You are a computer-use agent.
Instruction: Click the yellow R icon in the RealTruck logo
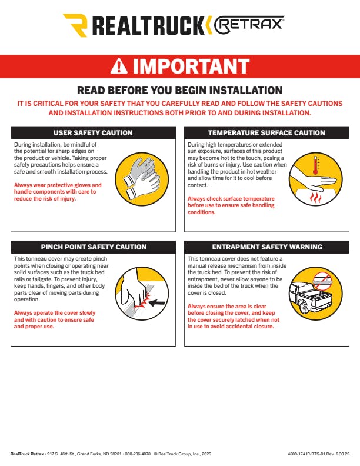pyautogui.click(x=76, y=25)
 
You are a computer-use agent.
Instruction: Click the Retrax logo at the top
pyautogui.click(x=249, y=25)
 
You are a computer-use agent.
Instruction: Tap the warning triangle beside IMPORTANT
pyautogui.click(x=119, y=66)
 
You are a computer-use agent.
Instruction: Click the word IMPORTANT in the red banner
pyautogui.click(x=191, y=66)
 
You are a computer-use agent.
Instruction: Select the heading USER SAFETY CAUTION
pyautogui.click(x=93, y=133)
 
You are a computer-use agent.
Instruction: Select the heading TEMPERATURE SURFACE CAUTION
pyautogui.click(x=266, y=133)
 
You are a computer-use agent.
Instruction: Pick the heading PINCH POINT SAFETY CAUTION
pyautogui.click(x=94, y=247)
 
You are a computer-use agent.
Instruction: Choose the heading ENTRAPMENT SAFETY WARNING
pyautogui.click(x=267, y=247)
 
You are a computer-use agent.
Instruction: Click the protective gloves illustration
pyautogui.click(x=142, y=179)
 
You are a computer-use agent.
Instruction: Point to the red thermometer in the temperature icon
pyautogui.click(x=315, y=166)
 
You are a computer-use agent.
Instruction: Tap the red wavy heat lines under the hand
pyautogui.click(x=315, y=198)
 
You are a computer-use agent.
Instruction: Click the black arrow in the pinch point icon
pyautogui.click(x=157, y=303)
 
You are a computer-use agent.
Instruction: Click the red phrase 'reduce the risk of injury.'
pyautogui.click(x=45, y=198)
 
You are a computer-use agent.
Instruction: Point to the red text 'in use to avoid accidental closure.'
pyautogui.click(x=231, y=327)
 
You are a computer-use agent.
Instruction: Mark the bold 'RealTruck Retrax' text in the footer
pyautogui.click(x=27, y=454)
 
